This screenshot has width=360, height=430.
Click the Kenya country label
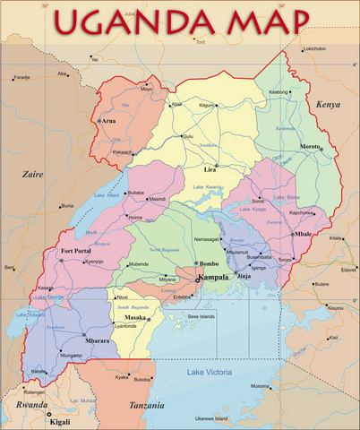[329, 105]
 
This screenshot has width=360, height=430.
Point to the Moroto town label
[310, 145]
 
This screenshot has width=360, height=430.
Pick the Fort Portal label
[76, 251]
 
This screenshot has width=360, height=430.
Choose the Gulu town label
[187, 136]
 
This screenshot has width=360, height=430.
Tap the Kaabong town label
[279, 91]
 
